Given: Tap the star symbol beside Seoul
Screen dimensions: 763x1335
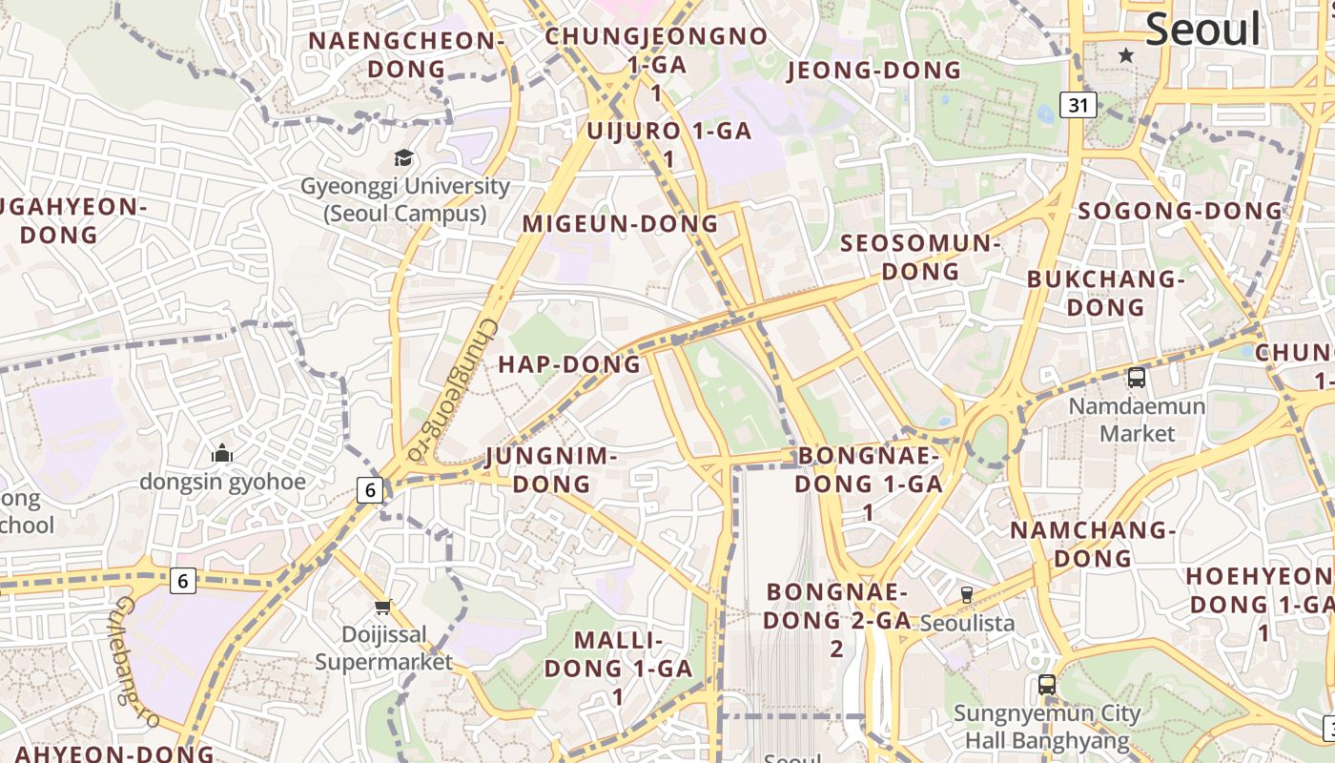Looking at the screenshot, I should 1126,55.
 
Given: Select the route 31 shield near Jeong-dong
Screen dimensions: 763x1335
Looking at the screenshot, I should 1078,105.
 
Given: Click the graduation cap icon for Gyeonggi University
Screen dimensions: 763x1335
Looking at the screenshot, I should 404,158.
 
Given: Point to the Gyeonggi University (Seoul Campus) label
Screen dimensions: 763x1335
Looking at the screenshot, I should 405,200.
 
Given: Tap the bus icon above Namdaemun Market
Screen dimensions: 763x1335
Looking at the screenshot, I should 1137,377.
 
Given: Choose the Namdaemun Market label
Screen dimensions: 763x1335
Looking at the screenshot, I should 1137,420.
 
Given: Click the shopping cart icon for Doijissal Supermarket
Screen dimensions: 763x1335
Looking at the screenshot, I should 383,607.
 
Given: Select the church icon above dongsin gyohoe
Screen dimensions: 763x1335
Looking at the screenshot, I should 222,453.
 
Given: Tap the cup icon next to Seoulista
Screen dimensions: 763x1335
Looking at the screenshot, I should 967,595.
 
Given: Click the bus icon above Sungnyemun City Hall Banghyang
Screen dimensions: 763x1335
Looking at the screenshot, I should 1047,685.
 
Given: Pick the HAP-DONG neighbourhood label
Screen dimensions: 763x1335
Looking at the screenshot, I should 569,364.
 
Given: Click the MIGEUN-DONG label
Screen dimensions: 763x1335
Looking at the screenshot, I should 620,224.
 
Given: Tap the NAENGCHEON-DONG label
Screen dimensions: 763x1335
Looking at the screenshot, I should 406,54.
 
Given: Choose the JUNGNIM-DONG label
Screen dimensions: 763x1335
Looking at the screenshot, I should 551,470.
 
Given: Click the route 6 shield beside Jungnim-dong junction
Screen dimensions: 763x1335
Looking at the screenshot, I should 370,490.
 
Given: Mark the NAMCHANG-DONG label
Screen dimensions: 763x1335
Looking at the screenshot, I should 1093,544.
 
